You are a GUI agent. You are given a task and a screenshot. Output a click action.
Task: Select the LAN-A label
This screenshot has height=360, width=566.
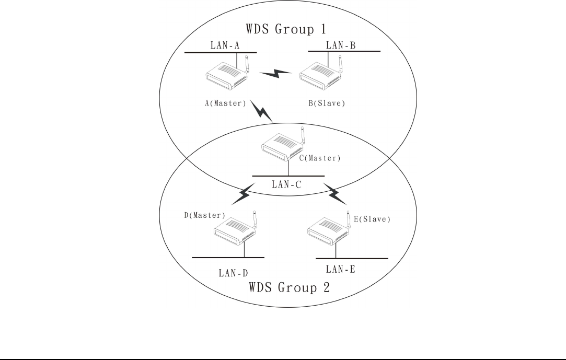[225, 45]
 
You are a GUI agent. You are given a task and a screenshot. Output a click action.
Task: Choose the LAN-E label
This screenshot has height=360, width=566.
[341, 269]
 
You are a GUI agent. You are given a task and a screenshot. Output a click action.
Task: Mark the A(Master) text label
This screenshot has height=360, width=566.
[225, 103]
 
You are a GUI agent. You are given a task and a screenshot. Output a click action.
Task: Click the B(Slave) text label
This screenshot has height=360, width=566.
[327, 103]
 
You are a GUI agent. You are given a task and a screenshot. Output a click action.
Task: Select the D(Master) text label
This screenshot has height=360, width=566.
[204, 215]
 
